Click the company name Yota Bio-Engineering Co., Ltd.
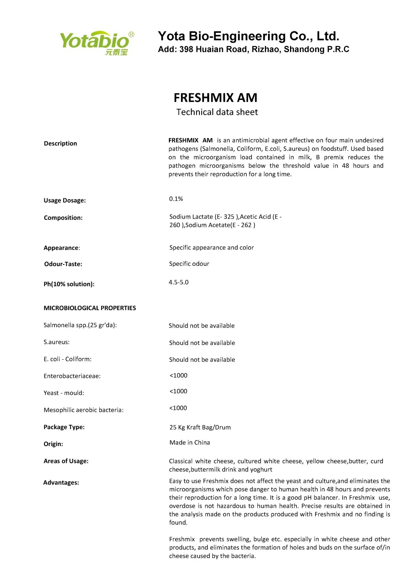(248, 36)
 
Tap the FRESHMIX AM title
(215, 98)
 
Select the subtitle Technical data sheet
(217, 112)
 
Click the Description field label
(60, 143)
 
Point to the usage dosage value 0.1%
(176, 199)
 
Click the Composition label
(63, 218)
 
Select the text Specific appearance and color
(212, 248)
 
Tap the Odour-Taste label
(63, 264)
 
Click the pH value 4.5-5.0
(179, 282)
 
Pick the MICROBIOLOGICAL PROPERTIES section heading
(90, 308)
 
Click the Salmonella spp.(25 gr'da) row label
(80, 325)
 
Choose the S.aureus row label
(57, 342)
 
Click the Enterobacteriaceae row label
(72, 376)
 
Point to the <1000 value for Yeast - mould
(178, 391)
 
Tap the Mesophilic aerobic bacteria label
(84, 410)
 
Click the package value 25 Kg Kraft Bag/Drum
(200, 427)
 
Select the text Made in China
(190, 442)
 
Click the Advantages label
(61, 483)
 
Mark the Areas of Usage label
(66, 461)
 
